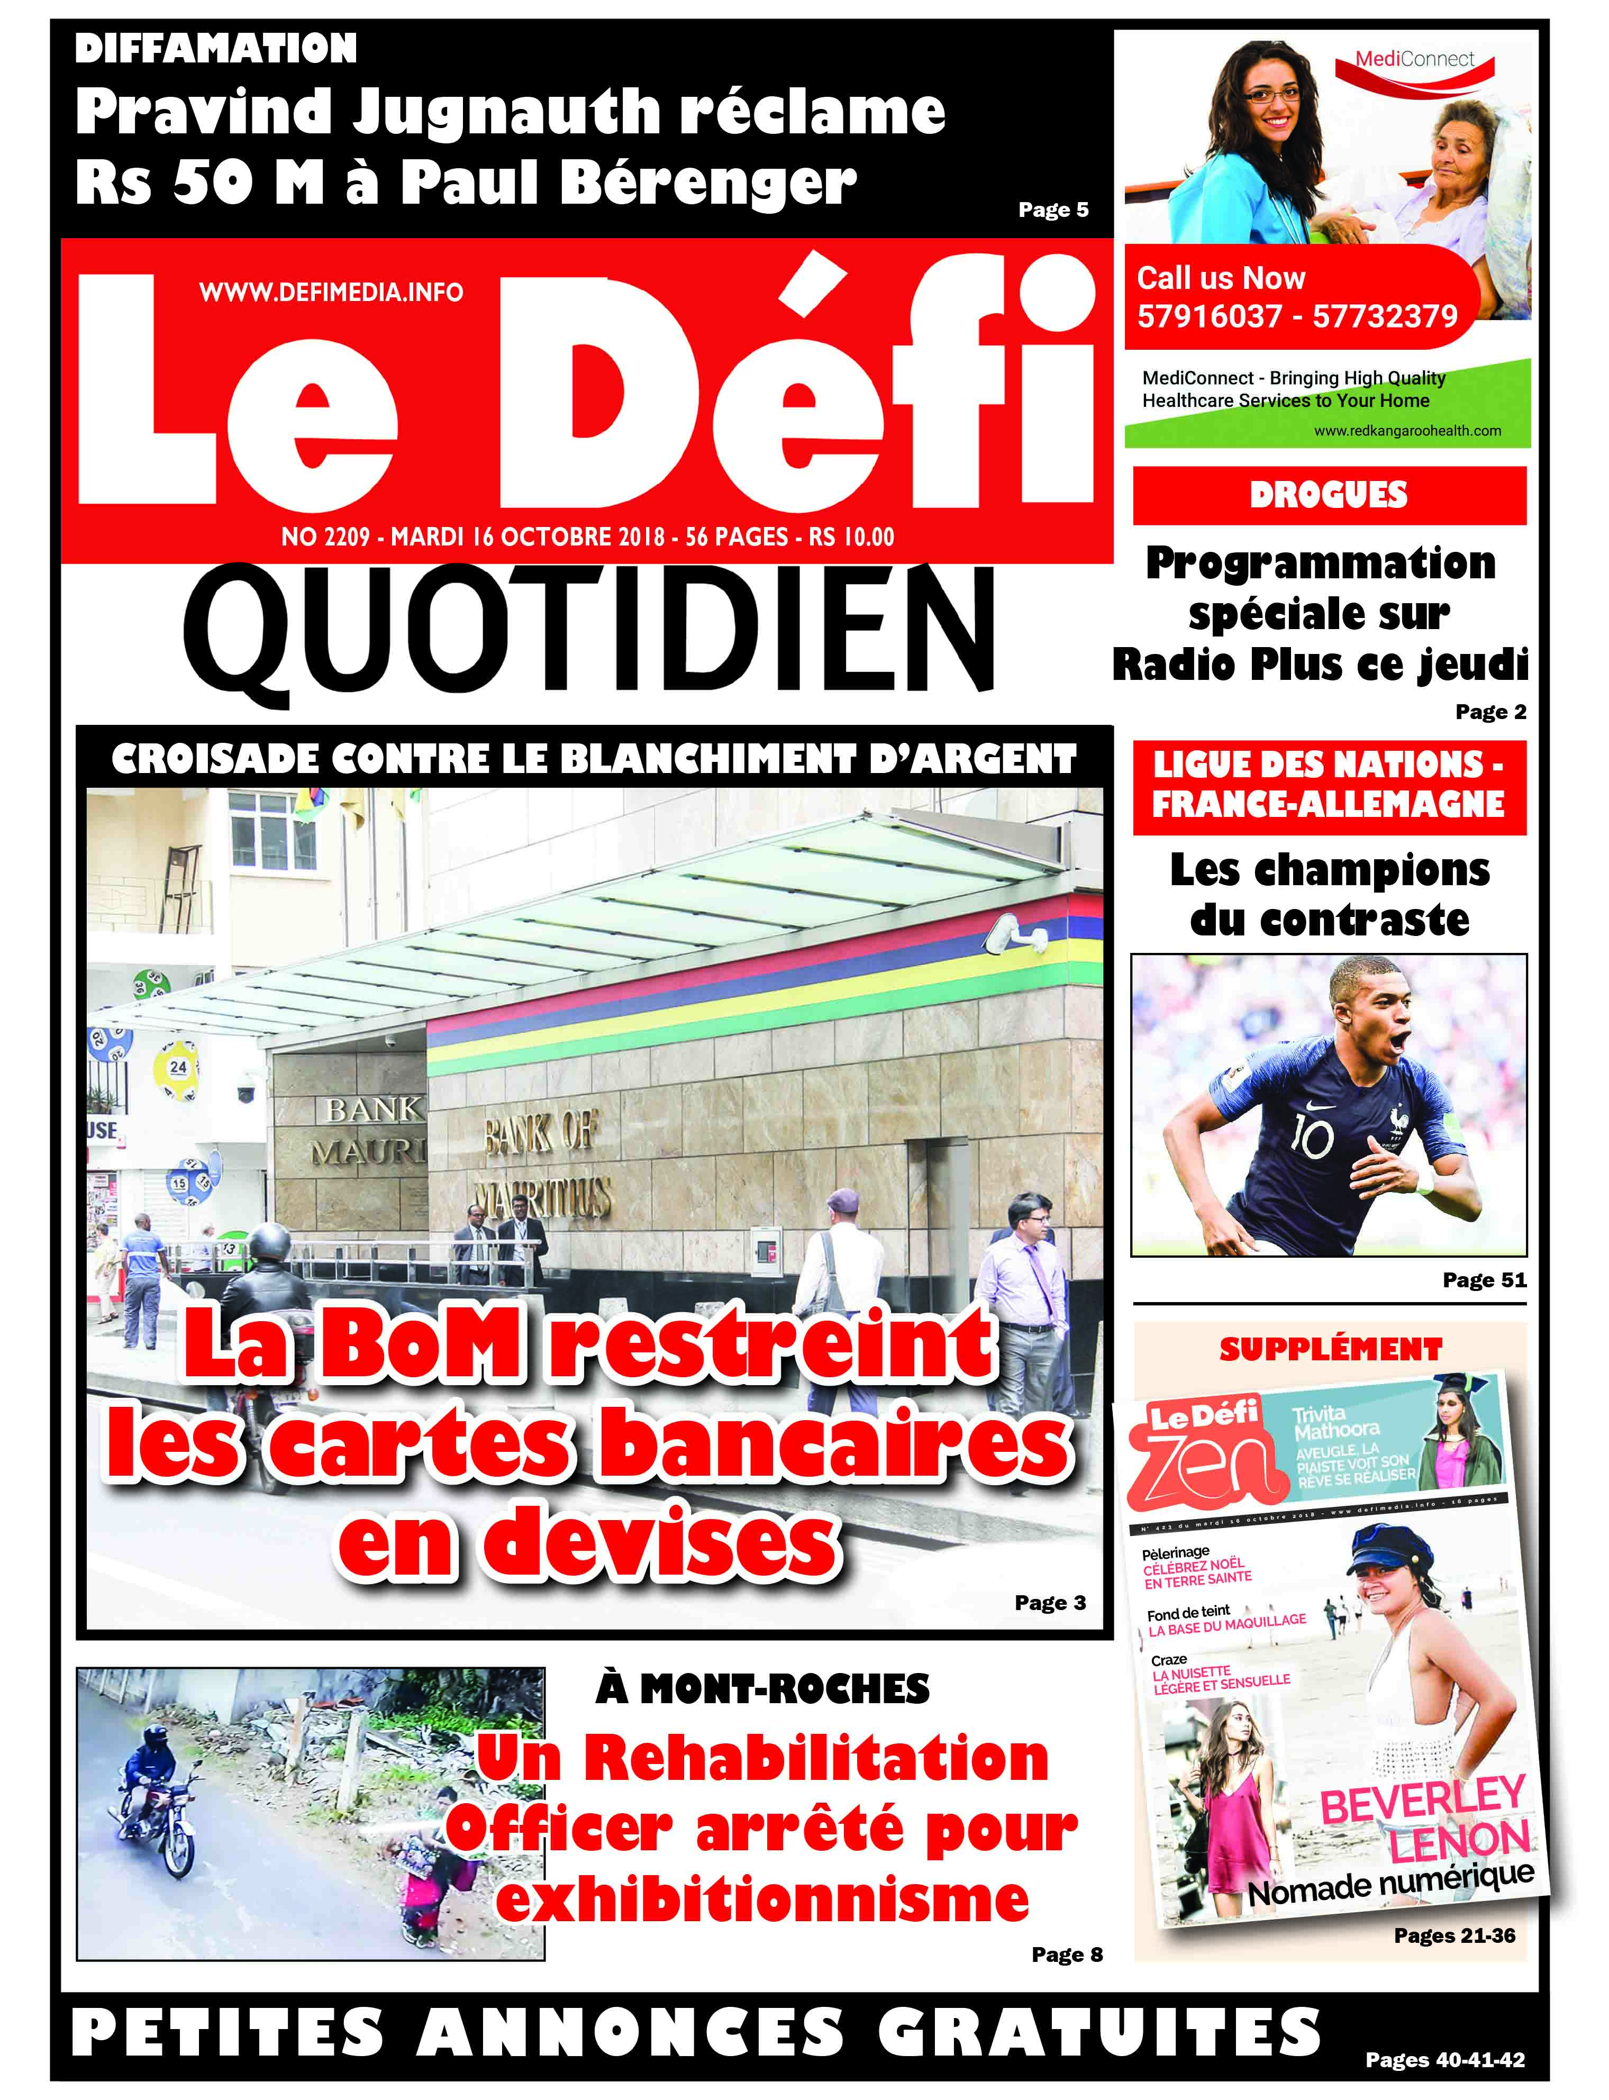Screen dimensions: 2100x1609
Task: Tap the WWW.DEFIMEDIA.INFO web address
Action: click(331, 292)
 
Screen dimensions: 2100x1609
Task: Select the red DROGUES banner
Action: click(1329, 495)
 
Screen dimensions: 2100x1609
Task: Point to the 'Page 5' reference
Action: click(1052, 210)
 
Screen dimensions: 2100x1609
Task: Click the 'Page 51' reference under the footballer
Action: click(1484, 1280)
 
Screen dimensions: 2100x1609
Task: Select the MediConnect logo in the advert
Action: click(1415, 59)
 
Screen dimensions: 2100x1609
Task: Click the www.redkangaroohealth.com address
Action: click(1407, 431)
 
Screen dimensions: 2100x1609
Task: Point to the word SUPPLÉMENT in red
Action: click(1330, 1349)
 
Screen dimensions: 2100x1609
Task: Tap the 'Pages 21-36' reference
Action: click(1454, 1935)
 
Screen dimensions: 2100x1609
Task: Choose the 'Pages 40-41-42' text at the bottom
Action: click(1444, 2059)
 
